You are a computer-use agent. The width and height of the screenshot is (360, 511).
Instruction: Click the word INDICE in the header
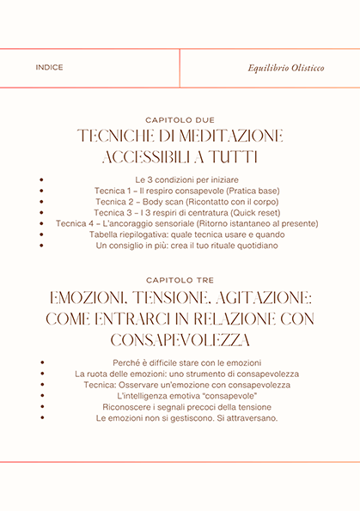click(49, 68)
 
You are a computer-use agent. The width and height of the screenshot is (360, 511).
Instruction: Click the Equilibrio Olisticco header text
click(286, 68)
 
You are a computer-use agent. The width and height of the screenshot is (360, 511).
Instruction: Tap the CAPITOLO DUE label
click(180, 120)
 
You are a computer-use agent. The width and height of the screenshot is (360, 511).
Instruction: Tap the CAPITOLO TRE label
click(180, 280)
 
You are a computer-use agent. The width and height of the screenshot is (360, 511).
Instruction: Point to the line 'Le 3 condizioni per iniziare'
click(180, 178)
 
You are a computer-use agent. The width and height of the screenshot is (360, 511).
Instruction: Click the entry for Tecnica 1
click(180, 189)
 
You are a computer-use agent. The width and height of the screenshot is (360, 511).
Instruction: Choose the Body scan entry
click(180, 200)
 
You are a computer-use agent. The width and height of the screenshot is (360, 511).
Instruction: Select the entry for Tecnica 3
click(180, 211)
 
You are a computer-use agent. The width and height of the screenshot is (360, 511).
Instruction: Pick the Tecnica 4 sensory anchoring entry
click(180, 222)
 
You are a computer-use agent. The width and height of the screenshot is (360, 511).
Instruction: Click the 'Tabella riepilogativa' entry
click(180, 234)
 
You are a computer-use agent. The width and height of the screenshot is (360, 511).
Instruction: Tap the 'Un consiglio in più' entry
click(180, 245)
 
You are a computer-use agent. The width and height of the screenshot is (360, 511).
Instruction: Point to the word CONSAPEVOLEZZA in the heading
click(180, 338)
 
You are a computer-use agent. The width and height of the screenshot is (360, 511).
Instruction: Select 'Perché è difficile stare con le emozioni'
click(180, 362)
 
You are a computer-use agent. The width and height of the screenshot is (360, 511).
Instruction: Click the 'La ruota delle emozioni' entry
click(180, 374)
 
